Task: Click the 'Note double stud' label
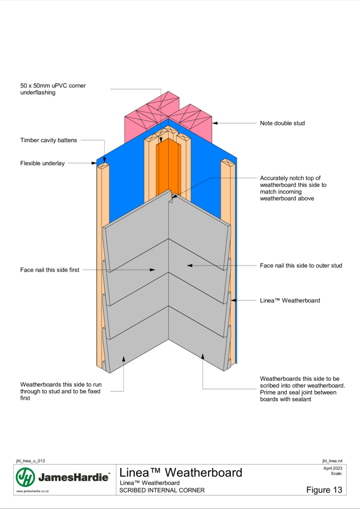[x=282, y=123]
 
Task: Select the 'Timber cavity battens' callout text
[x=48, y=140]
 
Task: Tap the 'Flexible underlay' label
[x=42, y=163]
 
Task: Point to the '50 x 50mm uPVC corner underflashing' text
[x=53, y=89]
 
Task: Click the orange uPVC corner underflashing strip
[x=168, y=166]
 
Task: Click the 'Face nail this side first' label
[x=50, y=270]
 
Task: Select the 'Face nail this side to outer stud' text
[x=301, y=265]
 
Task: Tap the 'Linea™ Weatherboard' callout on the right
[x=290, y=300]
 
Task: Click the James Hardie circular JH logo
[x=25, y=477]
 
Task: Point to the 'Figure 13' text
[x=324, y=490]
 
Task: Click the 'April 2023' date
[x=333, y=468]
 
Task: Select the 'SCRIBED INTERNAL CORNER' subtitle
[x=162, y=490]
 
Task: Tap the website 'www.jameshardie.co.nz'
[x=32, y=492]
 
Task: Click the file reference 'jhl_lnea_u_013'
[x=30, y=461]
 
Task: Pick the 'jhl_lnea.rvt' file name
[x=332, y=461]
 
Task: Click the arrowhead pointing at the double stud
[x=215, y=123]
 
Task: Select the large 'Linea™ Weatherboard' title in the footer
[x=181, y=472]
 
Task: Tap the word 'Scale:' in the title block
[x=337, y=474]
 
